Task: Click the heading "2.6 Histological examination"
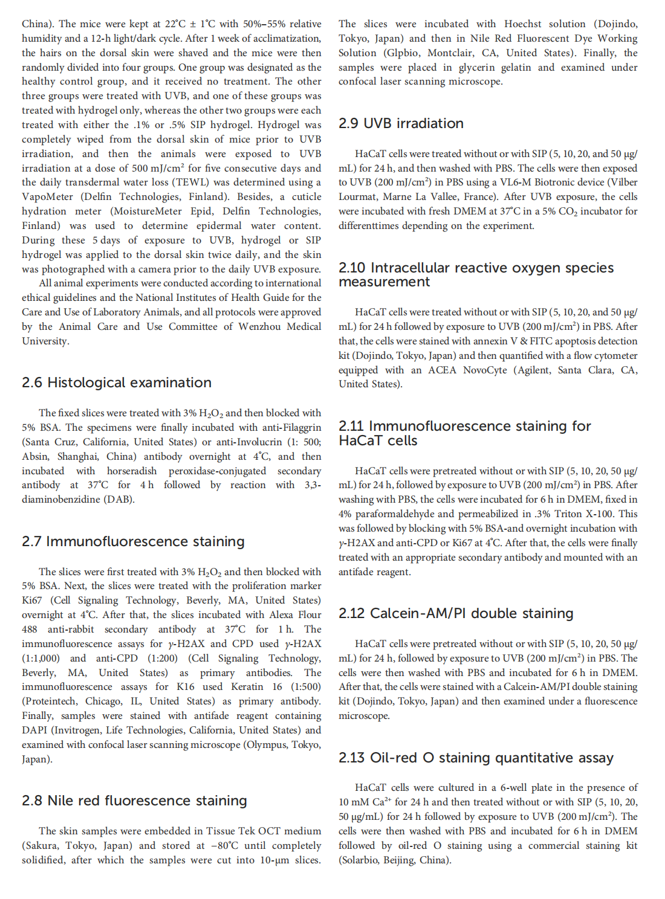click(117, 382)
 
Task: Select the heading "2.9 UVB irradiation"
click(401, 123)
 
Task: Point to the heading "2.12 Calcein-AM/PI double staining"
click(456, 613)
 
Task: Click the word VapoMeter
click(47, 196)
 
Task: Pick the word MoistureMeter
click(146, 211)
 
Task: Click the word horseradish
click(132, 471)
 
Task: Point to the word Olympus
click(266, 744)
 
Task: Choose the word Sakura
click(40, 845)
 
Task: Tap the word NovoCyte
click(484, 370)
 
